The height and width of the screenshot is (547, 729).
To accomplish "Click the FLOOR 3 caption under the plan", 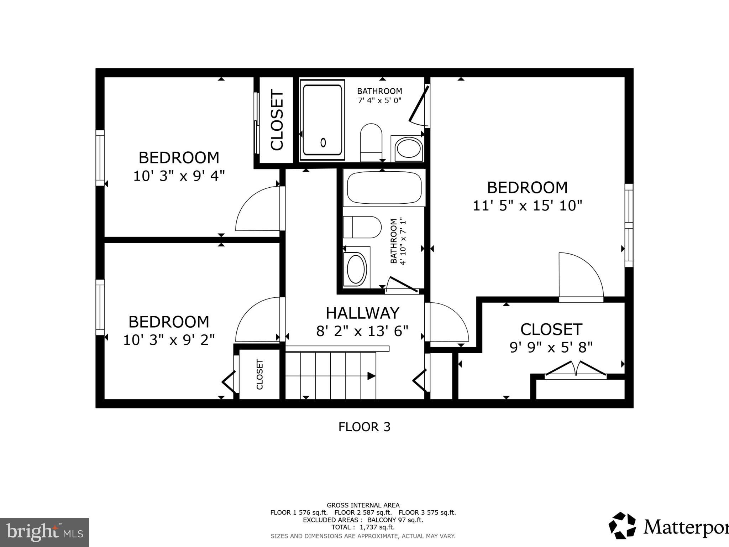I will [x=364, y=427].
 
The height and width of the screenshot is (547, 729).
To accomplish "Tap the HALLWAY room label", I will [x=362, y=313].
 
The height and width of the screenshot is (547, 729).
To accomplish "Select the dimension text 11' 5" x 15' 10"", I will [x=527, y=205].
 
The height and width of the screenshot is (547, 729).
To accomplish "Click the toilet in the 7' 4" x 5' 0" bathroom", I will [x=371, y=142].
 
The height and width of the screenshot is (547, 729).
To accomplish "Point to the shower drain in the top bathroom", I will [x=323, y=142].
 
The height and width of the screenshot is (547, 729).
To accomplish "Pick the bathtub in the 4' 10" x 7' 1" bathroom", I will [x=384, y=188].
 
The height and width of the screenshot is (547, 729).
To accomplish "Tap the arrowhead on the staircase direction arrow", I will [x=371, y=376].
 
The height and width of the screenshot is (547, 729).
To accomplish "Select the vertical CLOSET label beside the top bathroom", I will [x=277, y=120].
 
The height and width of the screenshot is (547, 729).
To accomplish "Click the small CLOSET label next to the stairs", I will [x=259, y=374].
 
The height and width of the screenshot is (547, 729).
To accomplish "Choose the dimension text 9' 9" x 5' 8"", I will [x=551, y=347].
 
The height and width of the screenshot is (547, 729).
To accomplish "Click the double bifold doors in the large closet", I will [x=575, y=370].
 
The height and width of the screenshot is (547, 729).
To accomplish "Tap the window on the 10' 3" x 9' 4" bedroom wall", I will [x=100, y=158].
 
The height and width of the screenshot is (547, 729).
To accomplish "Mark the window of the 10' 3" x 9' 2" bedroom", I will [x=100, y=307].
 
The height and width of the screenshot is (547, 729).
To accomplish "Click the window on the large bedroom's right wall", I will [x=629, y=225].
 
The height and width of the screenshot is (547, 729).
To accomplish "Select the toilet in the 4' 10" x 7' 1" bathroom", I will [x=362, y=227].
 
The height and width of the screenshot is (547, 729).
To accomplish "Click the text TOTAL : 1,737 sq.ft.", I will [x=363, y=527].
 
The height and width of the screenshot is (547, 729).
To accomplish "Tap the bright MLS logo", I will [x=44, y=532].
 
